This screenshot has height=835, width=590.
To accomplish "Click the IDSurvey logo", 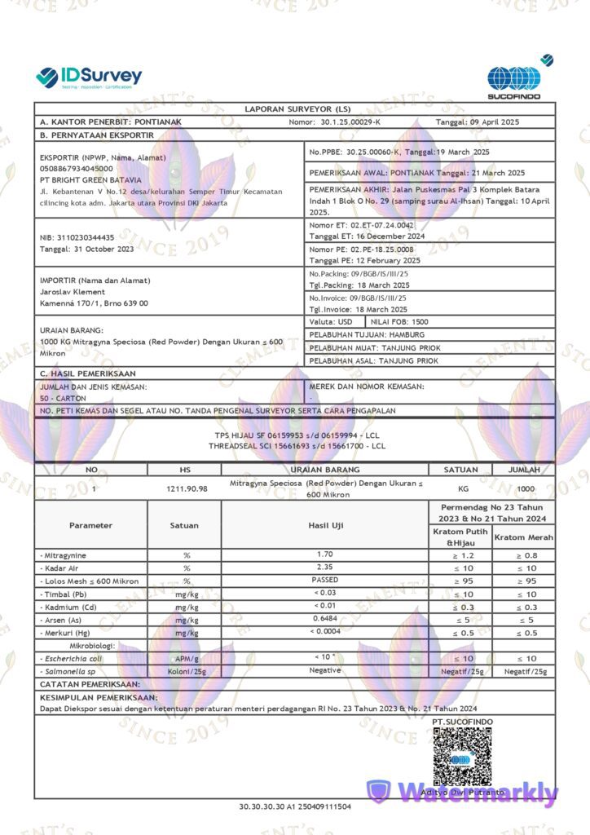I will [89, 77].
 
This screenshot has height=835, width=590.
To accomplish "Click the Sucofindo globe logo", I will [513, 78].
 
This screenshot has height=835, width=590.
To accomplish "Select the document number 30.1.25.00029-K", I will [350, 121].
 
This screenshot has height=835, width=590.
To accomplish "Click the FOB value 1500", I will [420, 322].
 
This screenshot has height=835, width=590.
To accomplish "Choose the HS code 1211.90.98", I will [184, 488].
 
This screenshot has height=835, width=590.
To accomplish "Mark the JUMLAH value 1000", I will [526, 488].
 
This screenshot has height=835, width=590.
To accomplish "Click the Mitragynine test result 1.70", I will [324, 554].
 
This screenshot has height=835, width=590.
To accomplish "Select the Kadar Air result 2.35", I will [324, 567].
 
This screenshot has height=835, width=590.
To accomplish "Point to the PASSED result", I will [324, 580].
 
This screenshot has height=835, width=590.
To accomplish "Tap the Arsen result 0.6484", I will [324, 619].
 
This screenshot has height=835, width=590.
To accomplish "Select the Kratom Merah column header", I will [524, 537].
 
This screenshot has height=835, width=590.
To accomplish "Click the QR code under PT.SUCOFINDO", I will [461, 755].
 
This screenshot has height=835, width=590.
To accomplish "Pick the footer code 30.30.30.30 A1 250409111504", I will [295, 806].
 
